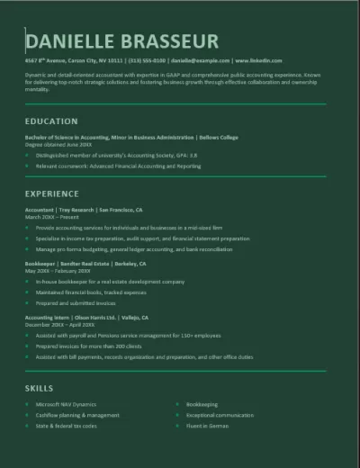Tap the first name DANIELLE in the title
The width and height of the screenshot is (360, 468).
click(75, 41)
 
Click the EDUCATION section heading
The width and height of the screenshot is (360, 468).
click(51, 121)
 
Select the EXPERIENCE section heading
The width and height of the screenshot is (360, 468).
click(52, 193)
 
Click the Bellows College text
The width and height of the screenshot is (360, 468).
click(219, 137)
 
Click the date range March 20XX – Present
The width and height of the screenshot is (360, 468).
click(53, 217)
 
